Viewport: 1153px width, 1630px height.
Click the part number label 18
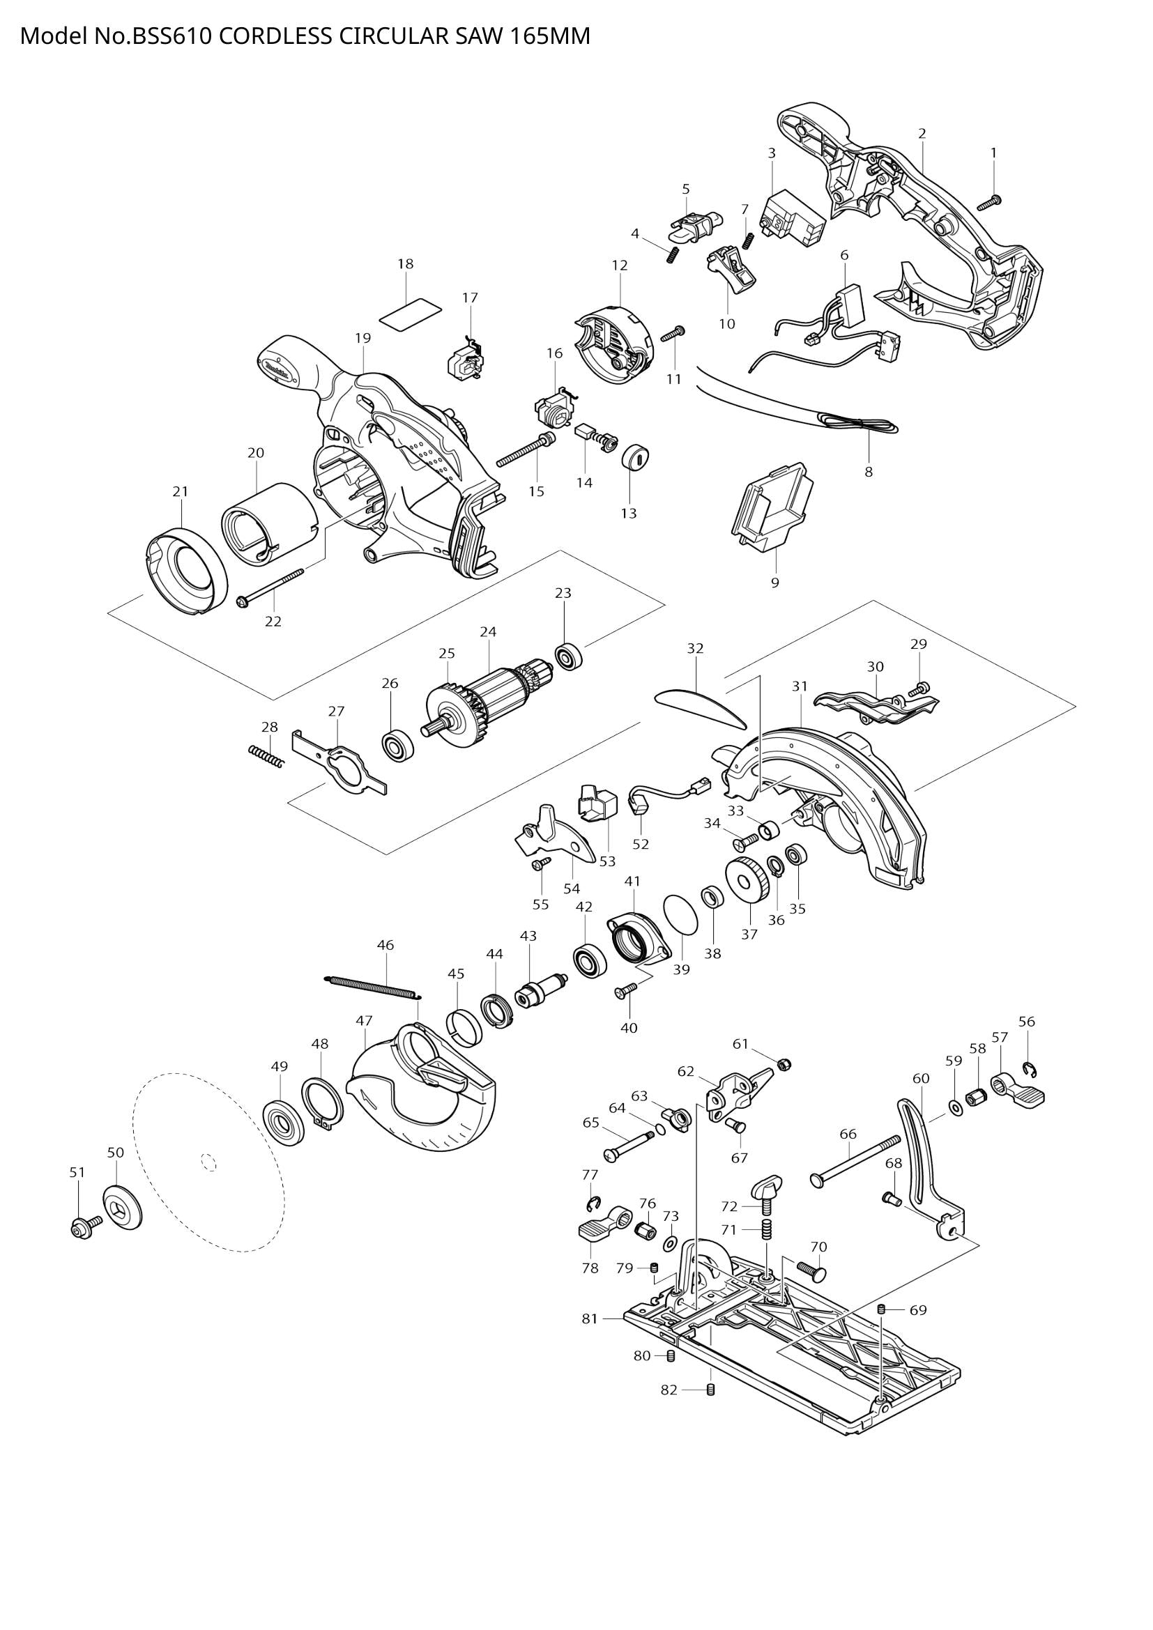click(406, 264)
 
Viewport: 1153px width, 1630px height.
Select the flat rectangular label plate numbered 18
click(410, 313)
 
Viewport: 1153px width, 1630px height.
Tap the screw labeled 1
click(989, 203)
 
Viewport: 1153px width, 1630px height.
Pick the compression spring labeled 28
click(266, 756)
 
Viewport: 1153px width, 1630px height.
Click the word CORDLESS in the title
click(275, 36)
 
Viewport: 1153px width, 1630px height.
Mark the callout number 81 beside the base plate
click(590, 1319)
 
